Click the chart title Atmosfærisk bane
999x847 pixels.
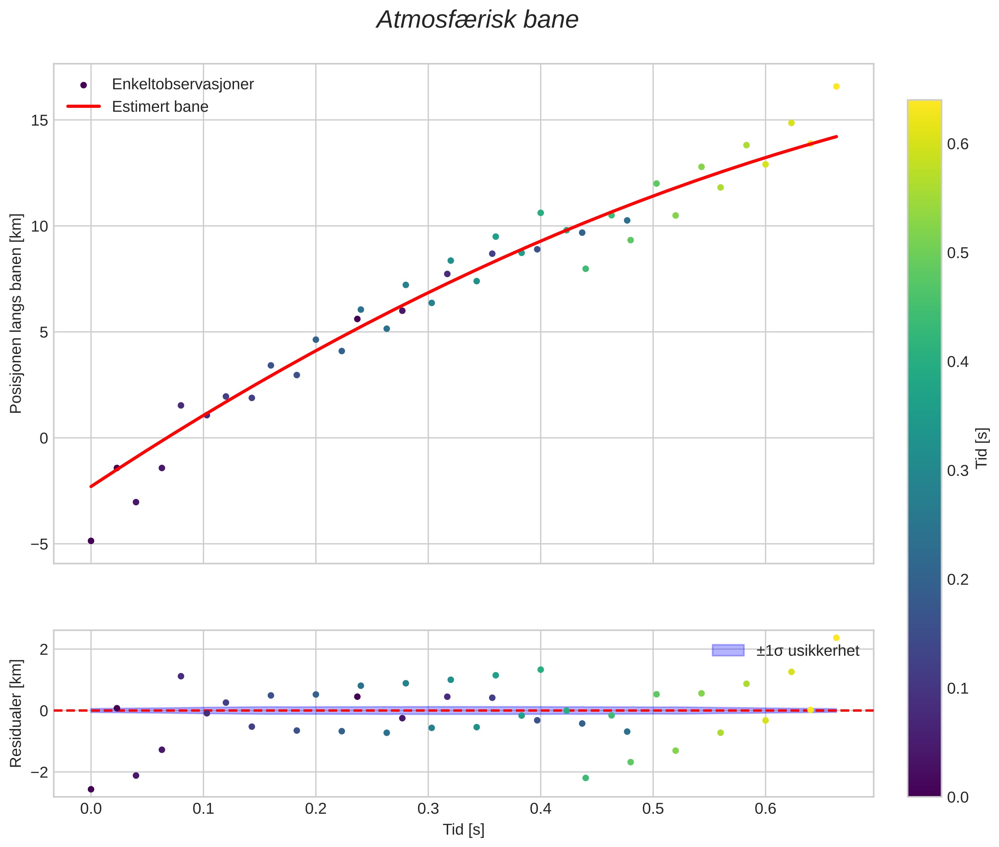pos(477,20)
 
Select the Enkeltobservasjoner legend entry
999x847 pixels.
pos(182,84)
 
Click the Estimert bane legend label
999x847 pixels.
pos(160,107)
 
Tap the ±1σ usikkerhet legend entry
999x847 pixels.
pos(807,651)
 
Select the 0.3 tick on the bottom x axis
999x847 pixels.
pos(428,809)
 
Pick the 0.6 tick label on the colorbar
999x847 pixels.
pos(957,144)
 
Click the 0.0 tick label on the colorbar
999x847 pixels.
pos(957,798)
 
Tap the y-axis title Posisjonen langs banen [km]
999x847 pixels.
pos(16,313)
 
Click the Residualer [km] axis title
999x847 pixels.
pos(16,714)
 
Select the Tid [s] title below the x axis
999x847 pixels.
pos(463,830)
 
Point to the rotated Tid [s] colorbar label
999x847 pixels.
pos(982,448)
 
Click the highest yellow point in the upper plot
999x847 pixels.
pos(836,86)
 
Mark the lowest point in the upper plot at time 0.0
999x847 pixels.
pos(91,541)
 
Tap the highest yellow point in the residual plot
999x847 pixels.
pos(836,638)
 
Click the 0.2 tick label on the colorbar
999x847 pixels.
pos(957,580)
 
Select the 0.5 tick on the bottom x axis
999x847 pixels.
pos(653,809)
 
